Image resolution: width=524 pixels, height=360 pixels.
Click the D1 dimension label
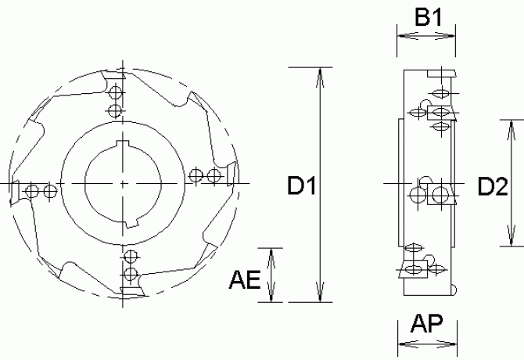pos(301,185)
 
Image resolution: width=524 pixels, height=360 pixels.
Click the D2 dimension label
pos(493,186)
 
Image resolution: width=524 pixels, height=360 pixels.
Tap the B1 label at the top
pos(428,16)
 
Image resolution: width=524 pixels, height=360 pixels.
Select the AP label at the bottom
pos(427,323)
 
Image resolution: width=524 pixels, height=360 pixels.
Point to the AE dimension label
pos(245,279)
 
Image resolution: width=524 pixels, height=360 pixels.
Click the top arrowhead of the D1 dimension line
pos(320,77)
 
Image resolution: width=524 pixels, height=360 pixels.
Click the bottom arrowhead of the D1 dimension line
pos(320,292)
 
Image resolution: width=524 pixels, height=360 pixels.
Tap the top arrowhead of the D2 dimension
pos(511,130)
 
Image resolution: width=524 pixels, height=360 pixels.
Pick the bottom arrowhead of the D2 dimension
pos(511,236)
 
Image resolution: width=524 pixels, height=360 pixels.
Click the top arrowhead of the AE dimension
pos(271,258)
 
